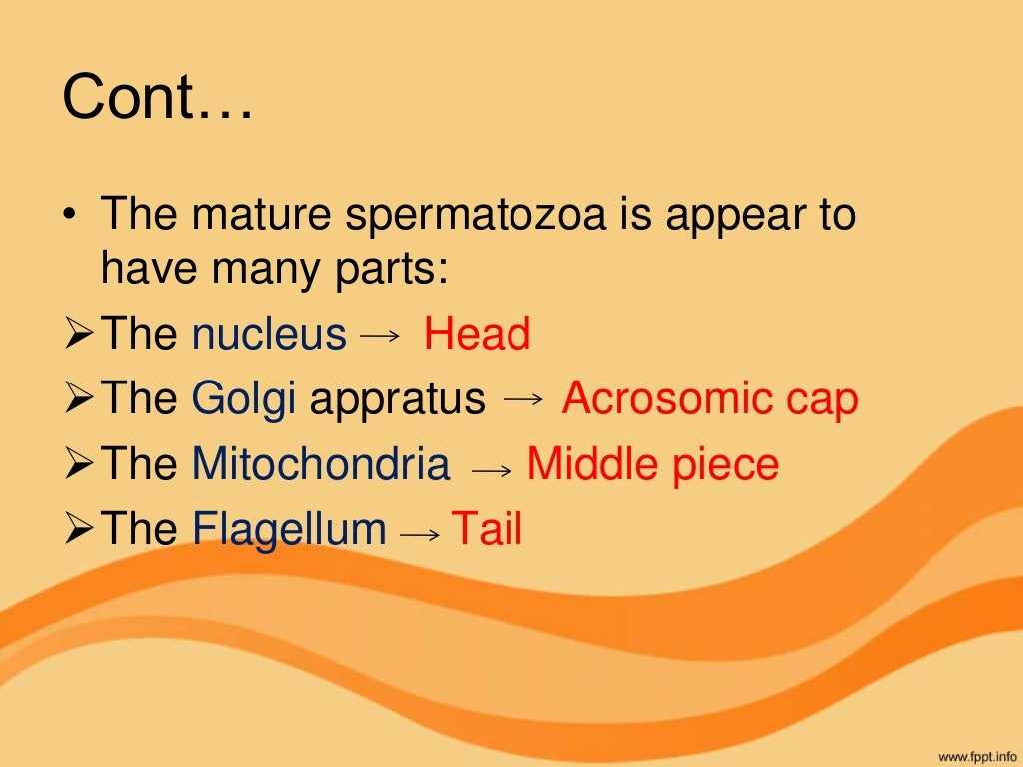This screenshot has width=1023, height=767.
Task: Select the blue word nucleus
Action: pyautogui.click(x=269, y=335)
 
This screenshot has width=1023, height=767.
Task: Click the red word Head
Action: pyautogui.click(x=477, y=334)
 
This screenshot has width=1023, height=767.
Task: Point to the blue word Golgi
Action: pyautogui.click(x=244, y=400)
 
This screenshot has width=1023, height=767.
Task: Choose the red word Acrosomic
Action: pyautogui.click(x=667, y=399)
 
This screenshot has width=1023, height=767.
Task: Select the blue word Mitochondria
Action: pyautogui.click(x=320, y=465)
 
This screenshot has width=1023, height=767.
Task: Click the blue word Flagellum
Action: pyautogui.click(x=289, y=530)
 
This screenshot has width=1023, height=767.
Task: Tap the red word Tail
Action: pyautogui.click(x=487, y=529)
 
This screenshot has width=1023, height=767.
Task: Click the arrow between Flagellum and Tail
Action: pyautogui.click(x=419, y=535)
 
